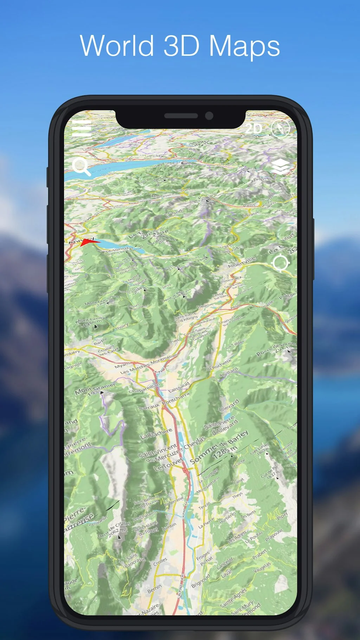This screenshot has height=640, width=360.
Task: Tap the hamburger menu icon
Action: coord(82,128)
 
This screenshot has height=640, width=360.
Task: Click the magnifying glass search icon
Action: coord(81,166)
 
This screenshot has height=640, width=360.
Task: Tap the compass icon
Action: coord(281,129)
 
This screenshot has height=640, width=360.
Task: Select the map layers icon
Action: coord(280,166)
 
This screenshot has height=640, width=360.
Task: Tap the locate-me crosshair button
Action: coord(281,263)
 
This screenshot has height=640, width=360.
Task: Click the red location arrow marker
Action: coord(88,242)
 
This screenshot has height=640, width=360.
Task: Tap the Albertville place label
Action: coord(242,262)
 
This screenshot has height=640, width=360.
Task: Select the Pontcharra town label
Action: coord(176,399)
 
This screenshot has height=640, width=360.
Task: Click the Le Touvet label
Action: coord(168,464)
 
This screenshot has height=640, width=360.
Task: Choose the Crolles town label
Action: coord(160,562)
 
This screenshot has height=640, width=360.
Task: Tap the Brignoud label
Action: coord(201,581)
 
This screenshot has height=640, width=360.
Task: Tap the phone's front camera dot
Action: coord(209,116)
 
